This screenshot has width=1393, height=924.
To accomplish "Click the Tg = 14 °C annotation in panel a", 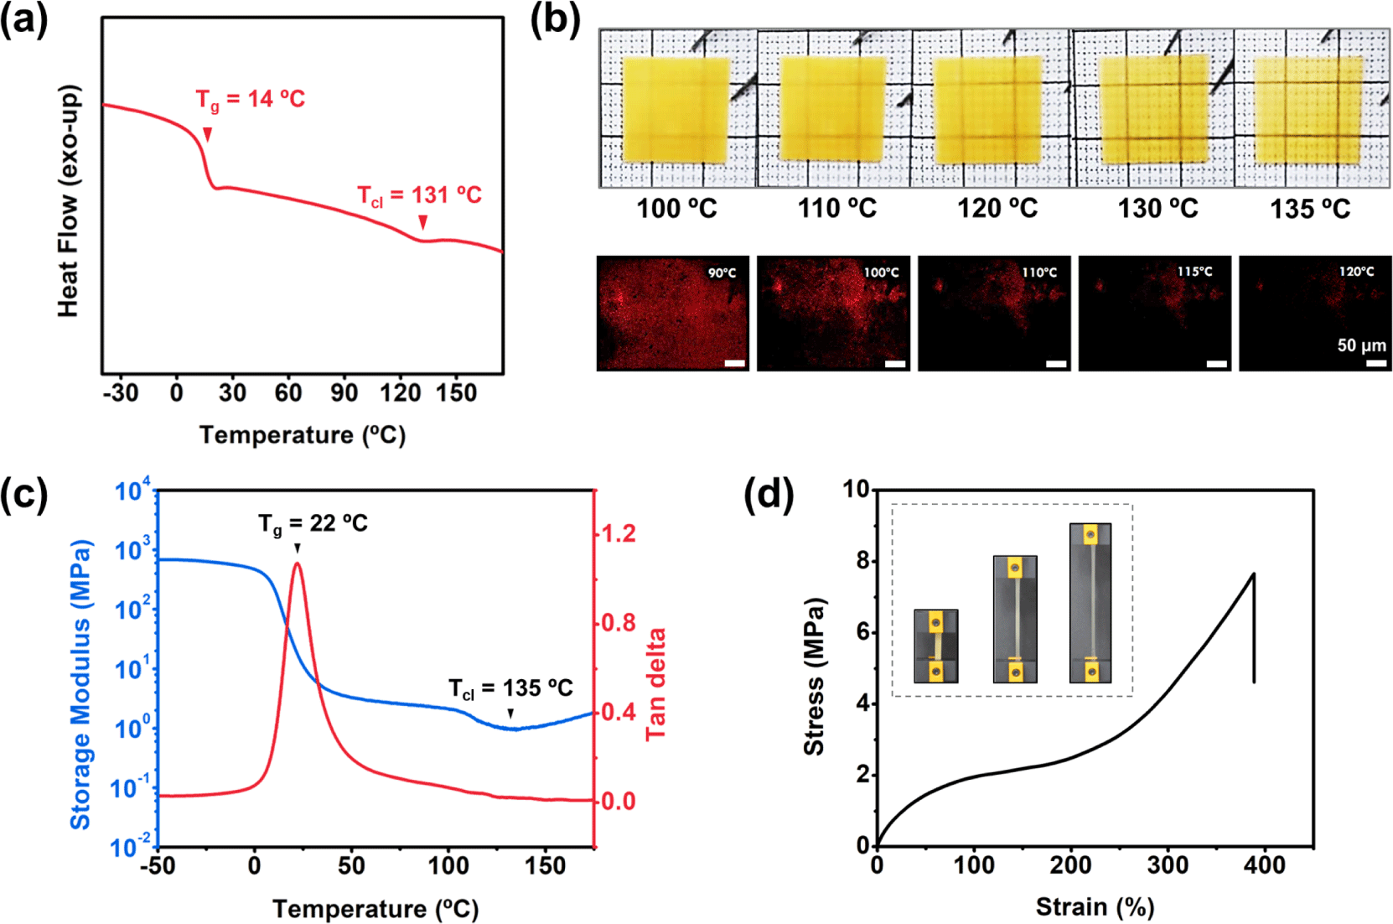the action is [250, 100].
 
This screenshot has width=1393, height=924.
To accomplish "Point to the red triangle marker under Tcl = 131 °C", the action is [423, 222].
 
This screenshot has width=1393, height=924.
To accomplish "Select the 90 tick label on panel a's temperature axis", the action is [344, 393].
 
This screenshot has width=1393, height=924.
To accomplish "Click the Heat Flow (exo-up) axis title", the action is [69, 200].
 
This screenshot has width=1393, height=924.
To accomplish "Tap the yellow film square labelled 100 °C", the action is [676, 110].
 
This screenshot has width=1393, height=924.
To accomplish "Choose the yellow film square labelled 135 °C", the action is [1308, 110].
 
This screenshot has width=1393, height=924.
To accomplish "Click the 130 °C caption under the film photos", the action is [1158, 209].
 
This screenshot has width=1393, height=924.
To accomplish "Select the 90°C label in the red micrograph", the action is [722, 273].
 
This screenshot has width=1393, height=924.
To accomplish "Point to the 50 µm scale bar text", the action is [1362, 345].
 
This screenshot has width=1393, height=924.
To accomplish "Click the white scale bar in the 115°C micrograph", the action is [1217, 364].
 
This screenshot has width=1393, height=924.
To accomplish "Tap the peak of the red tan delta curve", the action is [298, 563].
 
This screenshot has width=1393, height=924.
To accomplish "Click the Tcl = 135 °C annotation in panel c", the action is [510, 688].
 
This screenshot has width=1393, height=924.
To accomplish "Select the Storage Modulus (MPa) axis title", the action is [80, 684].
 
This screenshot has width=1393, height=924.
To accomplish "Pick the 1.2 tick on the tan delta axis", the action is [619, 534].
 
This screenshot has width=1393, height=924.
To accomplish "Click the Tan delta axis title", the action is [655, 684].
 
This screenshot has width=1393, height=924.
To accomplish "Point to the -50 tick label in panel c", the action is [158, 865].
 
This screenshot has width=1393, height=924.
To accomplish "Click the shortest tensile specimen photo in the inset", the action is [936, 646].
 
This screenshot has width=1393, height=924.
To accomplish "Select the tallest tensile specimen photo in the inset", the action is [1090, 603].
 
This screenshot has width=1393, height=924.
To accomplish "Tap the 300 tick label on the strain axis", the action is [1168, 865].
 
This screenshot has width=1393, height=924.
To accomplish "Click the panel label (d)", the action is [769, 496].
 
